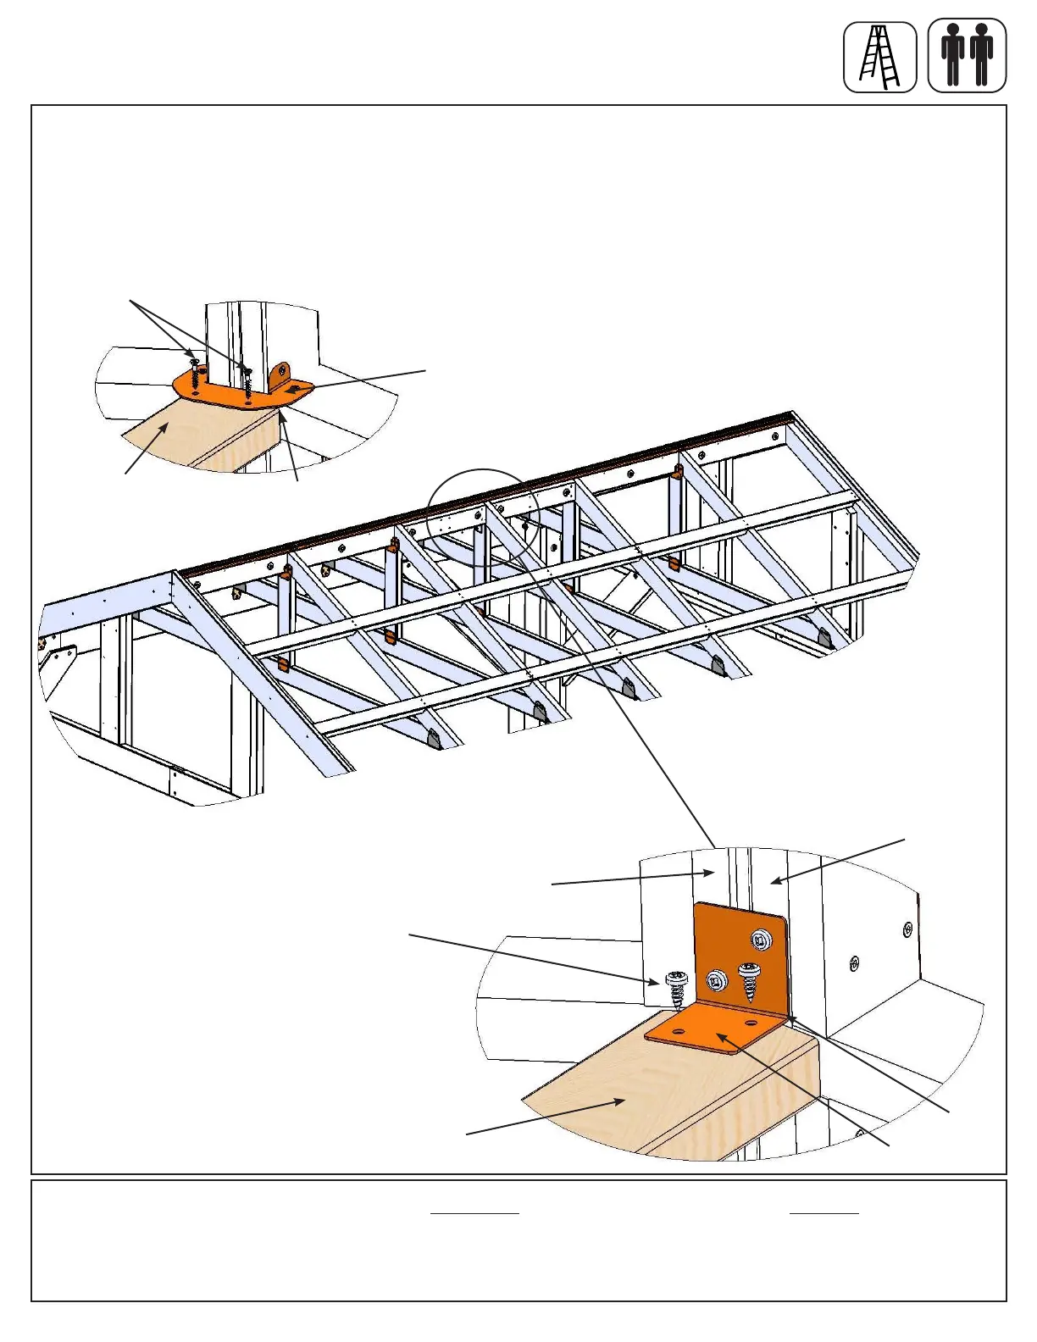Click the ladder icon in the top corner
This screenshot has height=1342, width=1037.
pos(879,58)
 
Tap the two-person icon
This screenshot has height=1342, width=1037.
pos(967,57)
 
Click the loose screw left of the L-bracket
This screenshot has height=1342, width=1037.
pos(676,988)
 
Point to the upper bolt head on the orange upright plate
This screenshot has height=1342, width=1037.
pos(761,938)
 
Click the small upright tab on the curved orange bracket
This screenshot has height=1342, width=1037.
pos(280,374)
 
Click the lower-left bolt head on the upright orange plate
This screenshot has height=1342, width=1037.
pos(717,981)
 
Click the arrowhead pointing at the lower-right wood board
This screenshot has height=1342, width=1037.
pos(623,1101)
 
